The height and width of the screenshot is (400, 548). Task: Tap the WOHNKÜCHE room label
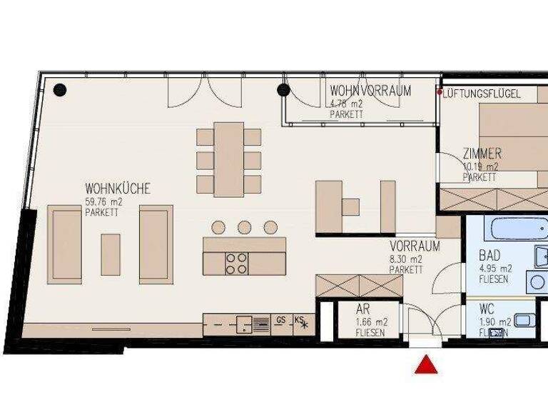point(117,189)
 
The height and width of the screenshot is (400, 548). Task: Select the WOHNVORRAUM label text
point(370,91)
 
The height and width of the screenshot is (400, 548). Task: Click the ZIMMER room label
point(481,154)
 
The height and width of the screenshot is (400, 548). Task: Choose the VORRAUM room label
point(414,246)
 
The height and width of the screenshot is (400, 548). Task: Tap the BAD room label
point(489,255)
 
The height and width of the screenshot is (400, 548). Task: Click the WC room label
point(487,310)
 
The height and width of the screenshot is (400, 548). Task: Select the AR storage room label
point(363,310)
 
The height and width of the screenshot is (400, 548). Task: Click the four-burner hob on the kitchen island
point(236,264)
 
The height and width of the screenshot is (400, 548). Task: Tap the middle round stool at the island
point(244,227)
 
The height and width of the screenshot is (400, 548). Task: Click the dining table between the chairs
point(229,158)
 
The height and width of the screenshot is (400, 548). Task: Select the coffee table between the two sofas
point(111,254)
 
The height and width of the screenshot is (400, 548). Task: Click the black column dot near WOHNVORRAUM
point(283,90)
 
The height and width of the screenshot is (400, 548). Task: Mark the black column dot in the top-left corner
point(60,90)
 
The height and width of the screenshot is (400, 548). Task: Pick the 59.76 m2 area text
point(103,202)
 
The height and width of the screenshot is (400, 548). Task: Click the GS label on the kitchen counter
point(281,321)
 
